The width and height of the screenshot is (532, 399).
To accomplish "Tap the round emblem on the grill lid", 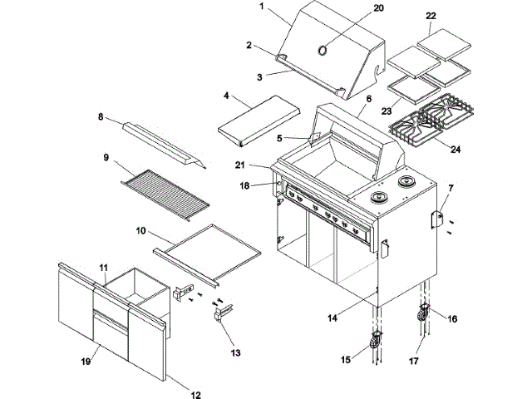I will click(x=322, y=49).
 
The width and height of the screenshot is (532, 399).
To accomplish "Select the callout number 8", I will click(x=101, y=118).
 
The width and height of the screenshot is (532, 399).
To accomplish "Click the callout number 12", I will click(x=195, y=394).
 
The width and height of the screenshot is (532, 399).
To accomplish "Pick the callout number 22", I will click(x=430, y=15).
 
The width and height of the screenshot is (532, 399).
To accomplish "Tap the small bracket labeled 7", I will click(x=435, y=219).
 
